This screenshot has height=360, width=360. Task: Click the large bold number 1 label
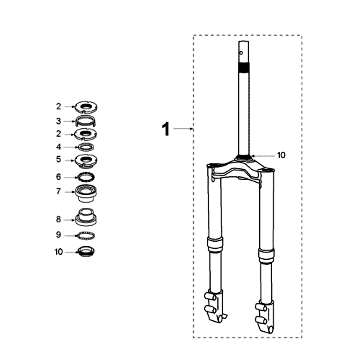click(x=166, y=130)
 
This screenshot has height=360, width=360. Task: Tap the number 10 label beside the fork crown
click(x=281, y=155)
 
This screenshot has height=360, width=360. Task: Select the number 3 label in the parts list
click(x=58, y=121)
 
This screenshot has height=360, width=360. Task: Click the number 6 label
click(x=58, y=177)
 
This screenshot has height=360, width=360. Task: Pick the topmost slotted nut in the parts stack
click(x=86, y=107)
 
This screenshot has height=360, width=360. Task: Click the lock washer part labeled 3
click(x=86, y=121)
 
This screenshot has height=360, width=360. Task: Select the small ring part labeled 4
click(x=86, y=147)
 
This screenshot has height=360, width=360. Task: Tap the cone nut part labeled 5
click(x=86, y=160)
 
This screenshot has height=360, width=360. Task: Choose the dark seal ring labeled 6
click(x=86, y=177)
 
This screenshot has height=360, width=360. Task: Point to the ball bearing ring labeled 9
click(x=86, y=235)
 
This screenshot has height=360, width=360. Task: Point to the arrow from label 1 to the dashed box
click(x=183, y=129)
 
